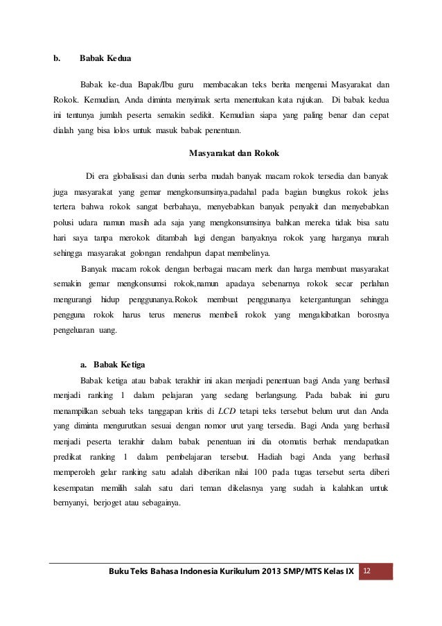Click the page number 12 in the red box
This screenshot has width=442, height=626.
(x=367, y=571)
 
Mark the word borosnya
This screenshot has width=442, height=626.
(x=372, y=315)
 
